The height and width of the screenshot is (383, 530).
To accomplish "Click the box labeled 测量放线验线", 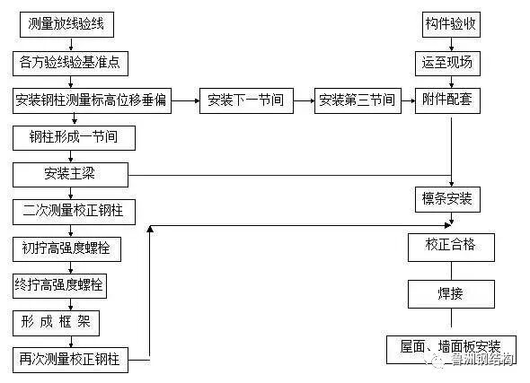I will tap(66, 24).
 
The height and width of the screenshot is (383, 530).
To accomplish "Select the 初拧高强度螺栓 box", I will tap(71, 248).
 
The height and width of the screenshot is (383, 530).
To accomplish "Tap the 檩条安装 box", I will tap(448, 196).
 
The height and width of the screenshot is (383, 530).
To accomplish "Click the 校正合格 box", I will tap(448, 245).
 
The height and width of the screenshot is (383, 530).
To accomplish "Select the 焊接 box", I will tap(448, 293).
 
